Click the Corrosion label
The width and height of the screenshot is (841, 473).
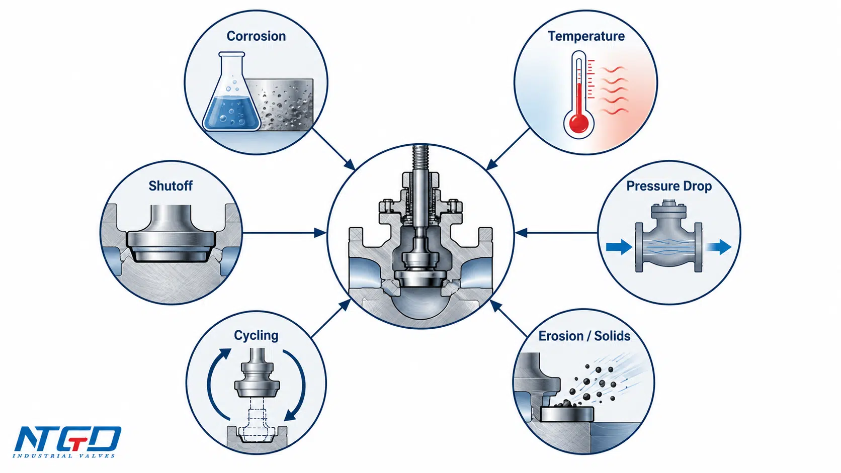pyautogui.click(x=256, y=36)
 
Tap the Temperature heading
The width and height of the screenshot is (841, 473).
pyautogui.click(x=586, y=36)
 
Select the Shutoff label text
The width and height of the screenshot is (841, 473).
pyautogui.click(x=171, y=185)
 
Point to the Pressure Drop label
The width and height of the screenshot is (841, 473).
pyautogui.click(x=669, y=186)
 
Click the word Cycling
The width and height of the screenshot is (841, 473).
pyautogui.click(x=256, y=335)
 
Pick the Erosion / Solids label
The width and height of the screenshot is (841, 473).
pyautogui.click(x=584, y=336)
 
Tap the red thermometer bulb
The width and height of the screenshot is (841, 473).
pyautogui.click(x=578, y=124)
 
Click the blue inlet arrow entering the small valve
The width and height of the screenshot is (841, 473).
pyautogui.click(x=619, y=247)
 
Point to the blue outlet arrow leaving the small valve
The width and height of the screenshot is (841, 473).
pyautogui.click(x=719, y=247)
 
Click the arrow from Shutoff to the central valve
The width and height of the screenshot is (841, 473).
pyautogui.click(x=284, y=233)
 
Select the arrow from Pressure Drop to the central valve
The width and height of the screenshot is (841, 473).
pyautogui.click(x=556, y=233)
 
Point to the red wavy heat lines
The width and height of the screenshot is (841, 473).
pyautogui.click(x=614, y=90)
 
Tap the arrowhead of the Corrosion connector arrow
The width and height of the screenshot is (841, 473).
pyautogui.click(x=351, y=165)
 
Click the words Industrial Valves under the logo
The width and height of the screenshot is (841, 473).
pyautogui.click(x=64, y=456)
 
